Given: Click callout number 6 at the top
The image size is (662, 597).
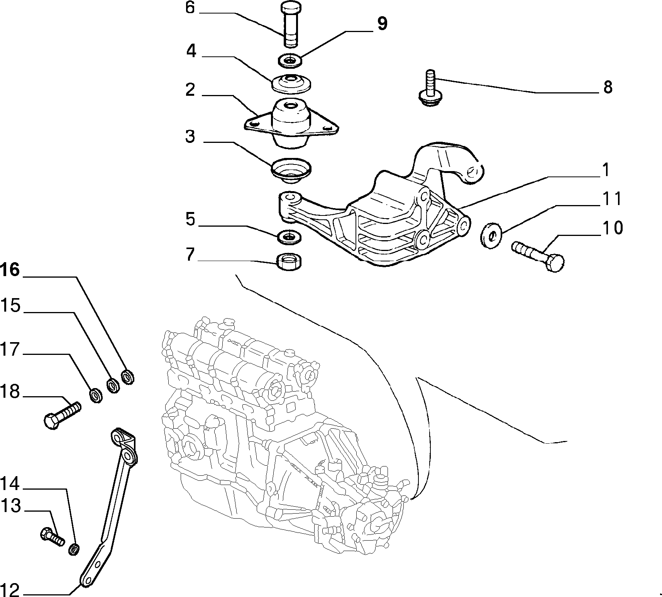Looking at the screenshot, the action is pyautogui.click(x=190, y=8).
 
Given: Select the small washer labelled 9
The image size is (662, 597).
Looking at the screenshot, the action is pyautogui.click(x=290, y=60).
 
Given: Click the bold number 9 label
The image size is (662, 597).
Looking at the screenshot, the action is pyautogui.click(x=382, y=24).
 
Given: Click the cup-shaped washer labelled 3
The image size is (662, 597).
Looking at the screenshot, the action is pyautogui.click(x=291, y=171).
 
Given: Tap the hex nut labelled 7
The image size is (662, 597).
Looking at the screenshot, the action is pyautogui.click(x=289, y=262).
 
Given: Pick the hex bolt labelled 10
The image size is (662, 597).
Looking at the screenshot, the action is pyautogui.click(x=538, y=256).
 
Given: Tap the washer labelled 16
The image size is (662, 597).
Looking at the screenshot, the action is pyautogui.click(x=128, y=377).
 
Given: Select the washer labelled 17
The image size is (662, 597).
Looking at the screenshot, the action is pyautogui.click(x=96, y=395).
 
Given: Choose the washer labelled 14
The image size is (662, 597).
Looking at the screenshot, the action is pyautogui.click(x=74, y=549).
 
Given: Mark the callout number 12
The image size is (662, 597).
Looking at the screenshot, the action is pyautogui.click(x=10, y=589).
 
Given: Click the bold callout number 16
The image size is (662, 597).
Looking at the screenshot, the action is pyautogui.click(x=10, y=270).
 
